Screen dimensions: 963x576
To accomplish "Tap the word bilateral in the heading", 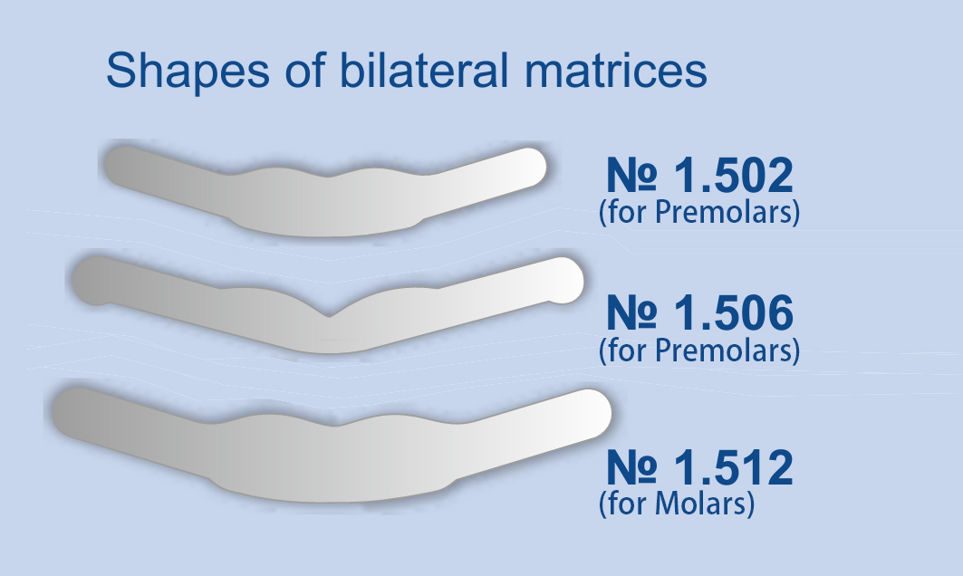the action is click(424, 70).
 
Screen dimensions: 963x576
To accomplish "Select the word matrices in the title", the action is click(615, 70).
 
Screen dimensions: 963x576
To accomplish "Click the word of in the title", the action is click(304, 70).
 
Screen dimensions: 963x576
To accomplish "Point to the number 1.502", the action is click(734, 176).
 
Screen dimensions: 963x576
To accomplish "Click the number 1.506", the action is click(734, 313).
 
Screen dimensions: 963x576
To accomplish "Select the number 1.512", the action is click(734, 468).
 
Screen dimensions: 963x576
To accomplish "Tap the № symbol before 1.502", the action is click(631, 176).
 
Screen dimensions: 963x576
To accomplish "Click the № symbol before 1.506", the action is click(631, 313).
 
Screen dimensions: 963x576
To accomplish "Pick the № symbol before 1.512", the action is click(631, 468).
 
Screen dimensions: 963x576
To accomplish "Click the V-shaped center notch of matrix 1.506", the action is click(328, 315).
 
